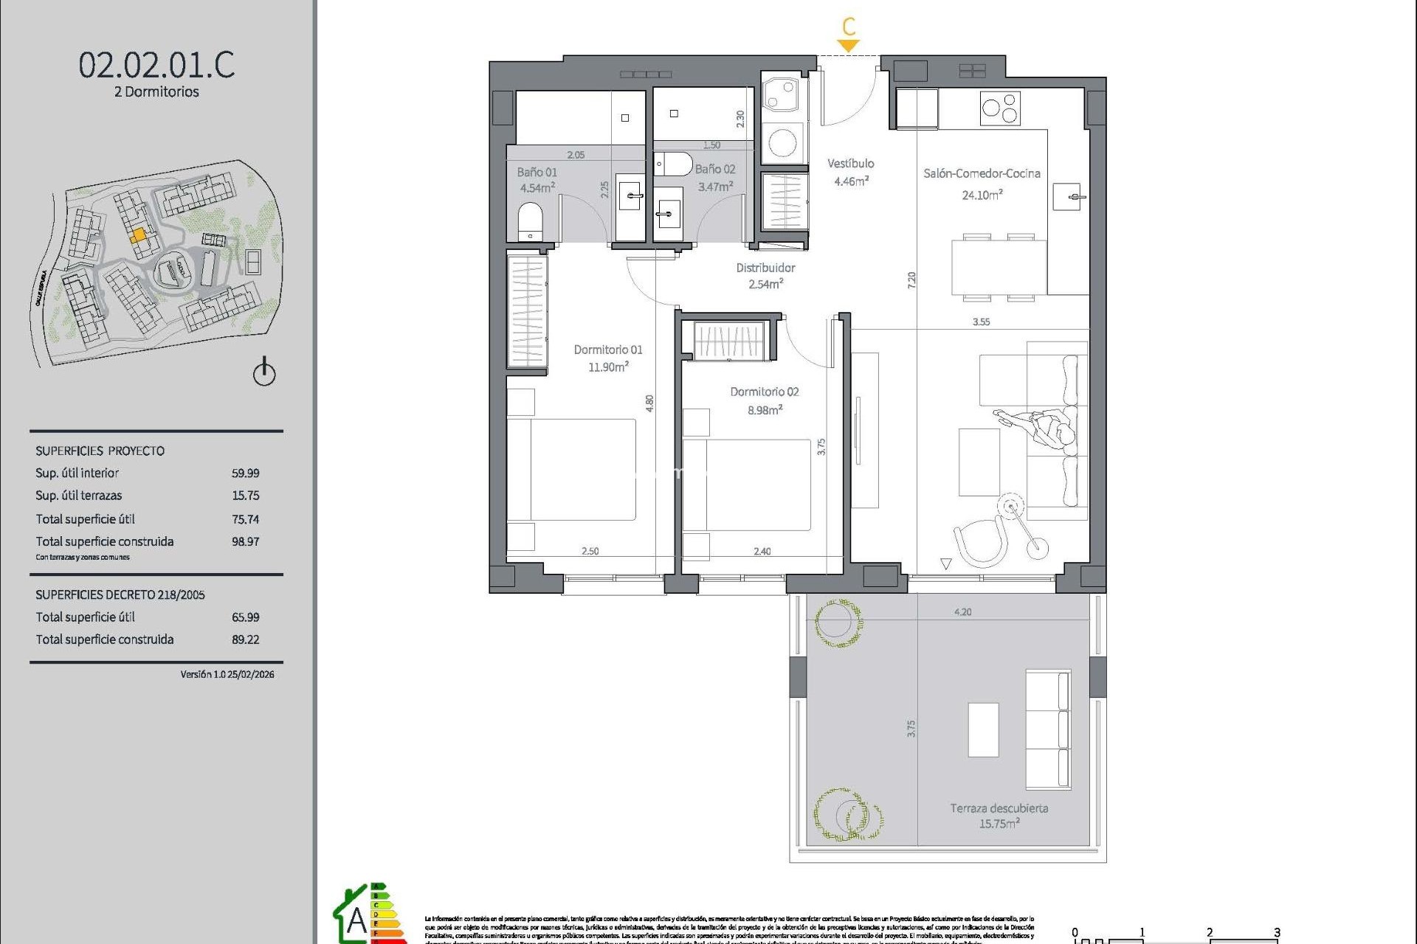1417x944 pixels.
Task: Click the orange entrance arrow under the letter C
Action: pos(849,46)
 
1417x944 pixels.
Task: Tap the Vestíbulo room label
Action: pos(850,164)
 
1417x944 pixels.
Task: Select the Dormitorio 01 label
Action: pos(608,350)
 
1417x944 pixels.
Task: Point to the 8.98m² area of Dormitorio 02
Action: pos(765,410)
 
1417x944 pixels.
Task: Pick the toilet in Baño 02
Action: pos(673,163)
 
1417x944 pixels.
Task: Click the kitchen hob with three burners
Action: pos(1000,108)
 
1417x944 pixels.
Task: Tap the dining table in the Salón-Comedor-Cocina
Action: pos(999,267)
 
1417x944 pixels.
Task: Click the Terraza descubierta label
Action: pos(999,808)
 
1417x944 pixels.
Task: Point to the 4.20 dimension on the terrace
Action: pos(962,612)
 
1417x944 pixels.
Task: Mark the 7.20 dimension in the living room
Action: pos(911,280)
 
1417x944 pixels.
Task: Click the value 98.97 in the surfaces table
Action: pos(245,541)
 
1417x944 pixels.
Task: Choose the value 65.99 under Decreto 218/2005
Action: pos(245,617)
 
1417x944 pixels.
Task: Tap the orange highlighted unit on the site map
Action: pos(138,236)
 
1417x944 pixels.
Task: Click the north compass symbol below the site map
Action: pos(264,372)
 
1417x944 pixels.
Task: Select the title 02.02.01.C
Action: pos(156,65)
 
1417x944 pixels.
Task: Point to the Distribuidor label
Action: pos(765,268)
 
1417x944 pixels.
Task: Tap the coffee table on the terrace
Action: pos(983,729)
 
